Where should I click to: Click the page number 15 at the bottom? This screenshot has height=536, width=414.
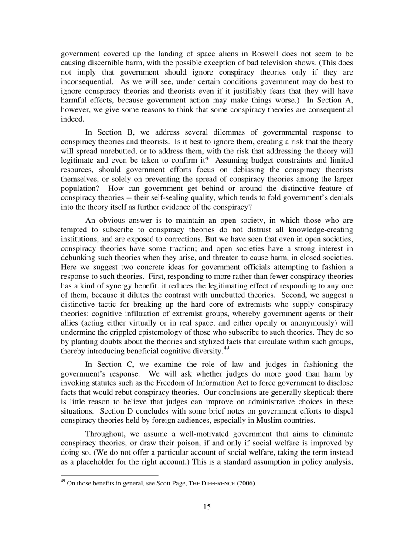(x=207, y=506)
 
